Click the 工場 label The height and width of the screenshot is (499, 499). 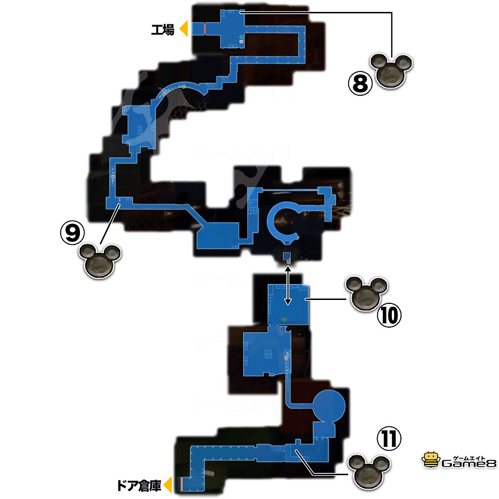[162, 29]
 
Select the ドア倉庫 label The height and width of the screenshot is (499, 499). [138, 485]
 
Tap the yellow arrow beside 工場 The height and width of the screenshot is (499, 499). [183, 29]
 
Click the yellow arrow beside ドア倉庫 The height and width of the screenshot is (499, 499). [168, 485]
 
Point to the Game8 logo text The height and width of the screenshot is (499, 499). [468, 463]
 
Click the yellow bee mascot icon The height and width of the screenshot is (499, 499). [430, 459]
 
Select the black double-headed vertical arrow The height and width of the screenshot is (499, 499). [288, 286]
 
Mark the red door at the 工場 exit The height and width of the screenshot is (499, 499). [204, 28]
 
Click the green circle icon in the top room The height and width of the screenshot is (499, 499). [241, 37]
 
